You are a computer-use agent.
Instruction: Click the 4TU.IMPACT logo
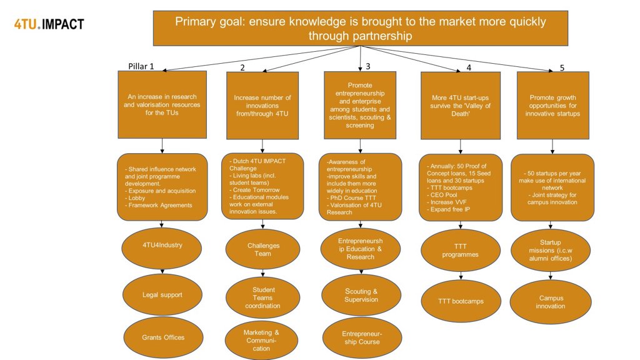point(49,24)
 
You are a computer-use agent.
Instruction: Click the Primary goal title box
point(361,28)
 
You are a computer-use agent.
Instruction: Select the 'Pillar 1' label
point(141,66)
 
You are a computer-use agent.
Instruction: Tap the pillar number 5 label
point(562,67)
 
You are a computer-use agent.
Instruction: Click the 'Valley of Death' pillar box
point(461,106)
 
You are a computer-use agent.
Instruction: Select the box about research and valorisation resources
point(162,104)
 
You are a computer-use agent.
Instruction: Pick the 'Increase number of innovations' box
point(262,106)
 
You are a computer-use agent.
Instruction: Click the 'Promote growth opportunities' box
point(552,105)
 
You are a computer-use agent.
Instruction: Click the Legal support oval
point(162,295)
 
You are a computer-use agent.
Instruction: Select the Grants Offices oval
point(163,337)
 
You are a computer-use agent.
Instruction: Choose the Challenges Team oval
point(263,249)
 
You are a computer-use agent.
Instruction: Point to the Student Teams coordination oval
point(263,297)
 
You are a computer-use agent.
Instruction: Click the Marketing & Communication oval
point(262,341)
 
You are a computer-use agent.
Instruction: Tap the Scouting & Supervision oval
point(361,295)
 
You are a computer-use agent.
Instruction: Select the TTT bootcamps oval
point(461,301)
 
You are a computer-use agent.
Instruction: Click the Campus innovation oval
point(551,302)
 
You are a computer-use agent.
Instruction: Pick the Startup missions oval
point(551,250)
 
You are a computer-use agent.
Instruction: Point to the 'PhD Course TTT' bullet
point(351,198)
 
